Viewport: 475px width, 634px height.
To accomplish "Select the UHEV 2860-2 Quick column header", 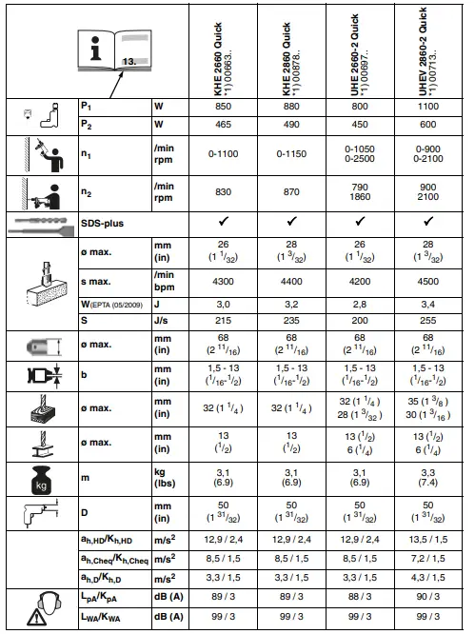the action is (425, 49).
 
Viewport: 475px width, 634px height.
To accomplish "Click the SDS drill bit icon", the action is (38, 224).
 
